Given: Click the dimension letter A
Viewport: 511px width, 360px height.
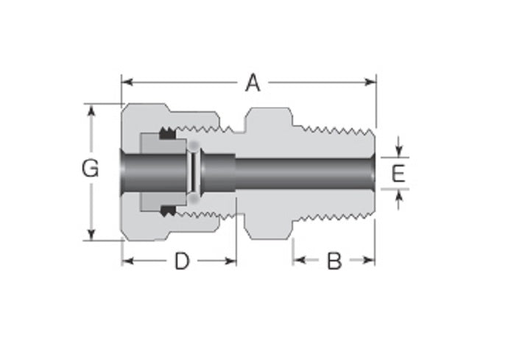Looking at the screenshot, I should click(253, 83).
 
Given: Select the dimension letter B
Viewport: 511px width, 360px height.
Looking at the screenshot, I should click(334, 261).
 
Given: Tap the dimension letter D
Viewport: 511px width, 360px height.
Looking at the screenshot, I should click(181, 261).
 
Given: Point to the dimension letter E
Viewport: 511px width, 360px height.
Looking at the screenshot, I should click(398, 174).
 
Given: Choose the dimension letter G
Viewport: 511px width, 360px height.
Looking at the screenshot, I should click(90, 169).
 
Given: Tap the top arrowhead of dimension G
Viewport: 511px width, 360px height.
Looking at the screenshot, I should click(91, 110).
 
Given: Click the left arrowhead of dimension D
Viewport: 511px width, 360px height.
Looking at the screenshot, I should click(127, 261).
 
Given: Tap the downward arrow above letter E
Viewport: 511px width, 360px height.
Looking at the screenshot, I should click(398, 151).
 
